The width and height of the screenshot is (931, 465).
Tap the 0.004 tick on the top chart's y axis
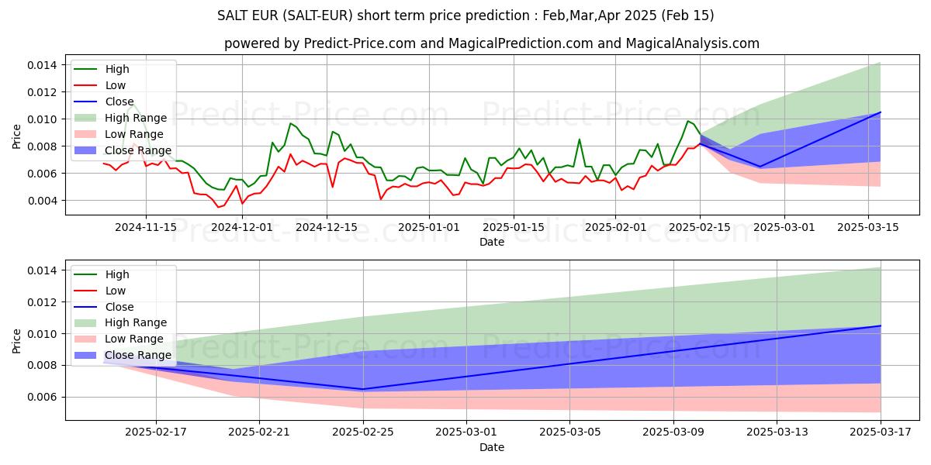pyautogui.click(x=43, y=201)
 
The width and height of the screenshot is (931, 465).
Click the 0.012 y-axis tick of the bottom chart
pyautogui.click(x=43, y=302)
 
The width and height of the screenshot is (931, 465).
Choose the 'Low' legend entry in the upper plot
pyautogui.click(x=116, y=85)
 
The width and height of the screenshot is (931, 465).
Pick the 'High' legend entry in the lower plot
pyautogui.click(x=117, y=274)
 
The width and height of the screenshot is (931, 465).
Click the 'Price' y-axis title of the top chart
pyautogui.click(x=17, y=136)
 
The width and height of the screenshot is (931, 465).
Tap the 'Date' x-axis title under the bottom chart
pyautogui.click(x=492, y=447)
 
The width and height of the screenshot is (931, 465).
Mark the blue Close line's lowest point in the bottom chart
pyautogui.click(x=363, y=389)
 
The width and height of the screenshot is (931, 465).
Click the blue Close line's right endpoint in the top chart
pyautogui.click(x=881, y=112)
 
